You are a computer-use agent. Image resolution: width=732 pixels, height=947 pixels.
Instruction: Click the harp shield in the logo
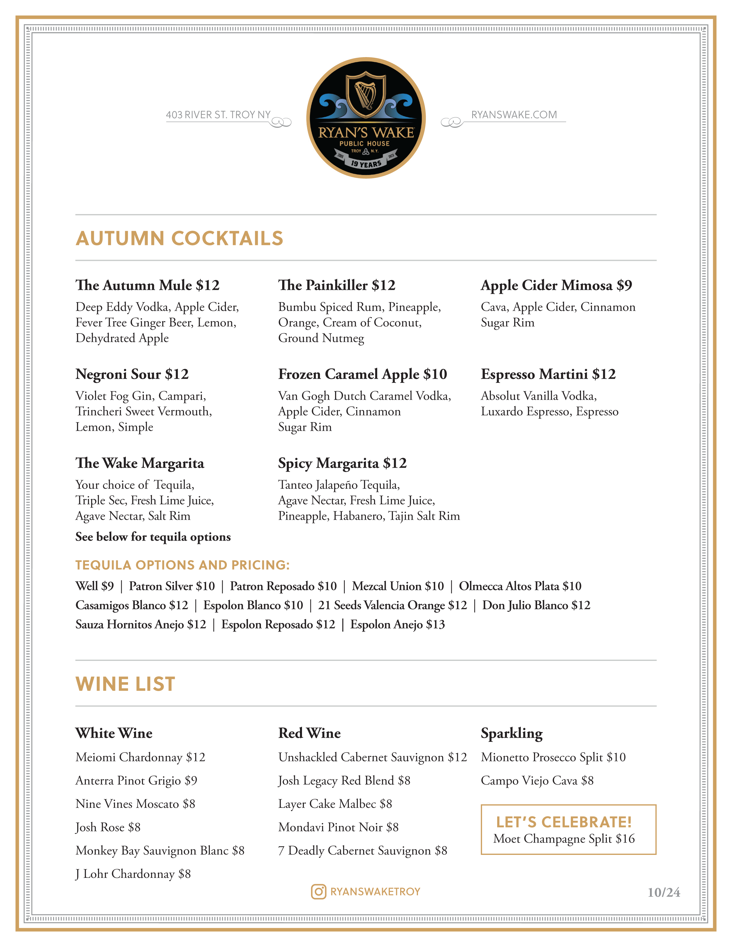(365, 94)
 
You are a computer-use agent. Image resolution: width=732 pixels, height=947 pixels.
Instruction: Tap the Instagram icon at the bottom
(318, 892)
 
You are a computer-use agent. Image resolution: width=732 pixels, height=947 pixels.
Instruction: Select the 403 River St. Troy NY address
(218, 115)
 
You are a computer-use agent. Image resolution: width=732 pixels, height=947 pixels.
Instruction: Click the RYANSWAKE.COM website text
(514, 115)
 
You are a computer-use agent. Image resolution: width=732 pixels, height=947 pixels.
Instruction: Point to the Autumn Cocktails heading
(179, 238)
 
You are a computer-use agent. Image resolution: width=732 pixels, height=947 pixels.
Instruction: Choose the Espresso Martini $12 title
(548, 374)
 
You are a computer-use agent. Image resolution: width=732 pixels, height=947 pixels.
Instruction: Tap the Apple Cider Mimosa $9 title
(556, 285)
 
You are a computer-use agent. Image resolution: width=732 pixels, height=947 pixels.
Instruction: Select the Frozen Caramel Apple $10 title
(363, 374)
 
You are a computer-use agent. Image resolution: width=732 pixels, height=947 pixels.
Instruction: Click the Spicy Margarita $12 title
(342, 463)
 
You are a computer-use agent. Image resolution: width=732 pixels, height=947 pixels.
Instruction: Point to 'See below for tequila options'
(153, 537)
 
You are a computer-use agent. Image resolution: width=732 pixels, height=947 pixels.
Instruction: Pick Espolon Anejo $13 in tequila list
(397, 624)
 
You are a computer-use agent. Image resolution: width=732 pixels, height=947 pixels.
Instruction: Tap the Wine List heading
(125, 684)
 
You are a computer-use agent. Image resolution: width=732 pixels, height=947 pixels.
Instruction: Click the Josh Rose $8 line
(108, 827)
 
